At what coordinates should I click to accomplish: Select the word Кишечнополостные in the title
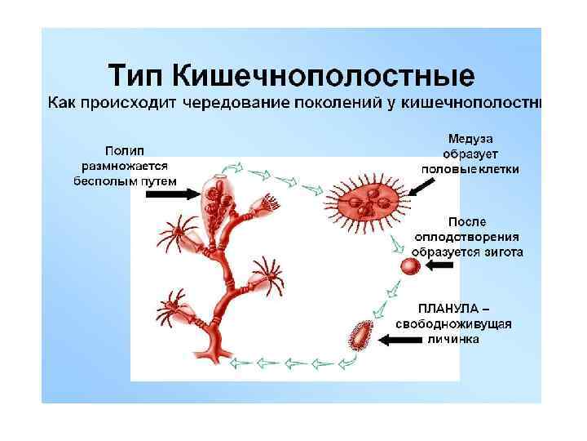324,76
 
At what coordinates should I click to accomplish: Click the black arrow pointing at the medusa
421,188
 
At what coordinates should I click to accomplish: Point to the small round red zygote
409,267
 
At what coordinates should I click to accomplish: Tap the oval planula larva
360,336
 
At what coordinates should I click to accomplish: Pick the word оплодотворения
469,237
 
